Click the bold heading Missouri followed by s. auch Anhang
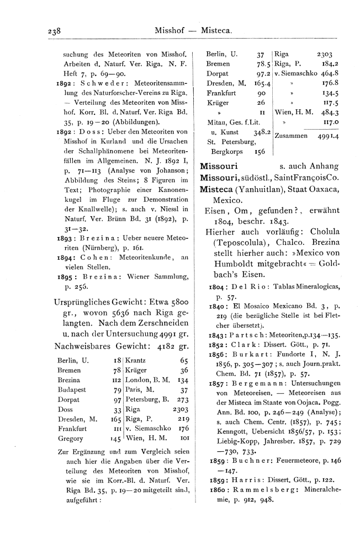(x=219, y=165)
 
